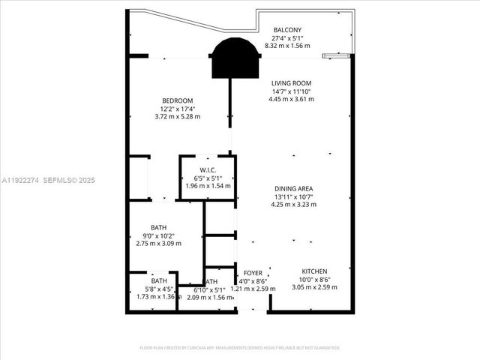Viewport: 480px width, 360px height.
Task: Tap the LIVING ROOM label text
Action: pyautogui.click(x=292, y=83)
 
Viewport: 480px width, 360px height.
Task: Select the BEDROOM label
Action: pyautogui.click(x=178, y=101)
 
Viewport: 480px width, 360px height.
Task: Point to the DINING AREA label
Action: pyautogui.click(x=292, y=188)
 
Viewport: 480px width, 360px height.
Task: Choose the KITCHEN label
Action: pyautogui.click(x=314, y=271)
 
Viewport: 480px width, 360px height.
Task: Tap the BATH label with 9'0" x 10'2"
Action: pyautogui.click(x=158, y=228)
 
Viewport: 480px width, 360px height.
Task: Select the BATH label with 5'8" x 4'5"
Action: pyautogui.click(x=158, y=281)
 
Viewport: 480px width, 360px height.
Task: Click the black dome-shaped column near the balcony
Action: pyautogui.click(x=237, y=58)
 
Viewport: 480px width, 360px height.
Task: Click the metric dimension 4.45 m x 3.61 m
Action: pyautogui.click(x=292, y=99)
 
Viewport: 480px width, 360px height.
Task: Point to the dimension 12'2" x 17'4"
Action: pyautogui.click(x=178, y=109)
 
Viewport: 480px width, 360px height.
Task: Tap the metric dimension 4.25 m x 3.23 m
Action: pyautogui.click(x=292, y=204)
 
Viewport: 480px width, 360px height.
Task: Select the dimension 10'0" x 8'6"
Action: pyautogui.click(x=314, y=280)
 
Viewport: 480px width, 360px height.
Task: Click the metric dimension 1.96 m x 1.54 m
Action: pyautogui.click(x=208, y=186)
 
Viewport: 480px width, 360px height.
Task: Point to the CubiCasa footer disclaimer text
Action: pyautogui.click(x=240, y=347)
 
